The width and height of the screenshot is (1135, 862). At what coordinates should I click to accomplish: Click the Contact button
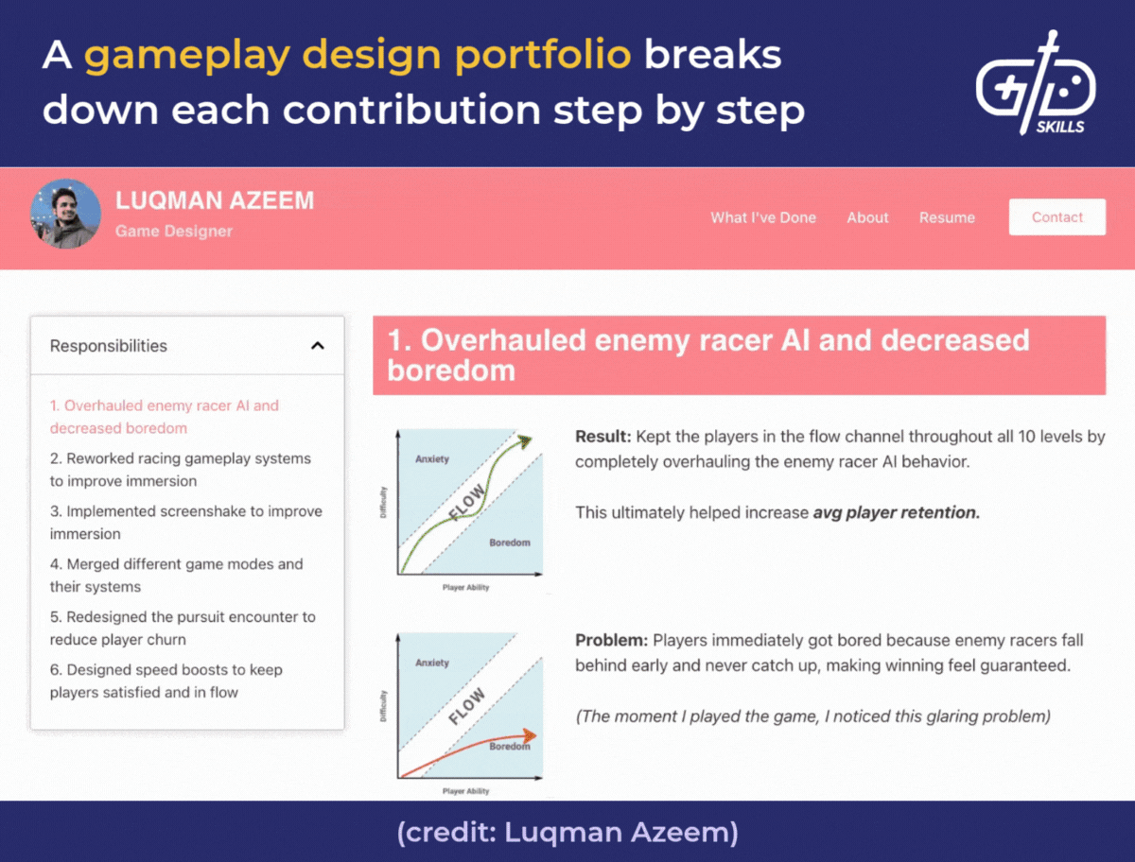1056,217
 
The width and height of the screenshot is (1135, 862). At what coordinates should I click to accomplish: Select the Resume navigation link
947,217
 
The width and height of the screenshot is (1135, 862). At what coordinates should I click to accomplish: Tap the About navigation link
867,217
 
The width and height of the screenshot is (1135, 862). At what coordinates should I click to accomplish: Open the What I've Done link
763,217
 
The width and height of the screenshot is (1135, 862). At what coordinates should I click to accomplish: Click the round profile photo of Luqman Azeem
65,214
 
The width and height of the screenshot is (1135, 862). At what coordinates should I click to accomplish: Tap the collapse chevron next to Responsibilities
318,346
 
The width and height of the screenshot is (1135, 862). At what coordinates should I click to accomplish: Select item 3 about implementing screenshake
186,523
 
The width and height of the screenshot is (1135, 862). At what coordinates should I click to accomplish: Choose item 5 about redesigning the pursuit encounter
183,629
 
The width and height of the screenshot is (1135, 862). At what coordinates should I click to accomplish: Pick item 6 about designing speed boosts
166,681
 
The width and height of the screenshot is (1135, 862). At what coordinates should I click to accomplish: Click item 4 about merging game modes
177,576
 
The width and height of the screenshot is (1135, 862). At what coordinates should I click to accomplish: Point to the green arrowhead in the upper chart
523,440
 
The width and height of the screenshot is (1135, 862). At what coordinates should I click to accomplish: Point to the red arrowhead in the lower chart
530,735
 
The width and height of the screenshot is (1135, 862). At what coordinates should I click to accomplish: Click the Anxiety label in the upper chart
432,459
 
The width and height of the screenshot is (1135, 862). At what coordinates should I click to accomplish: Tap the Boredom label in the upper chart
510,543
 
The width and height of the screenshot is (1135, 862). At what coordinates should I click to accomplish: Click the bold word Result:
603,438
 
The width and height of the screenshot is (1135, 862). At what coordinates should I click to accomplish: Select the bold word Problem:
611,641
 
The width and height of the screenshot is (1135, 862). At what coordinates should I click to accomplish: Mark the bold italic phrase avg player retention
896,513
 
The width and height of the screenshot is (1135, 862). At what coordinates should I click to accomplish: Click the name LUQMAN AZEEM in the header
215,200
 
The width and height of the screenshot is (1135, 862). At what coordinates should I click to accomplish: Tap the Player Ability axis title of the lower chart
466,791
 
